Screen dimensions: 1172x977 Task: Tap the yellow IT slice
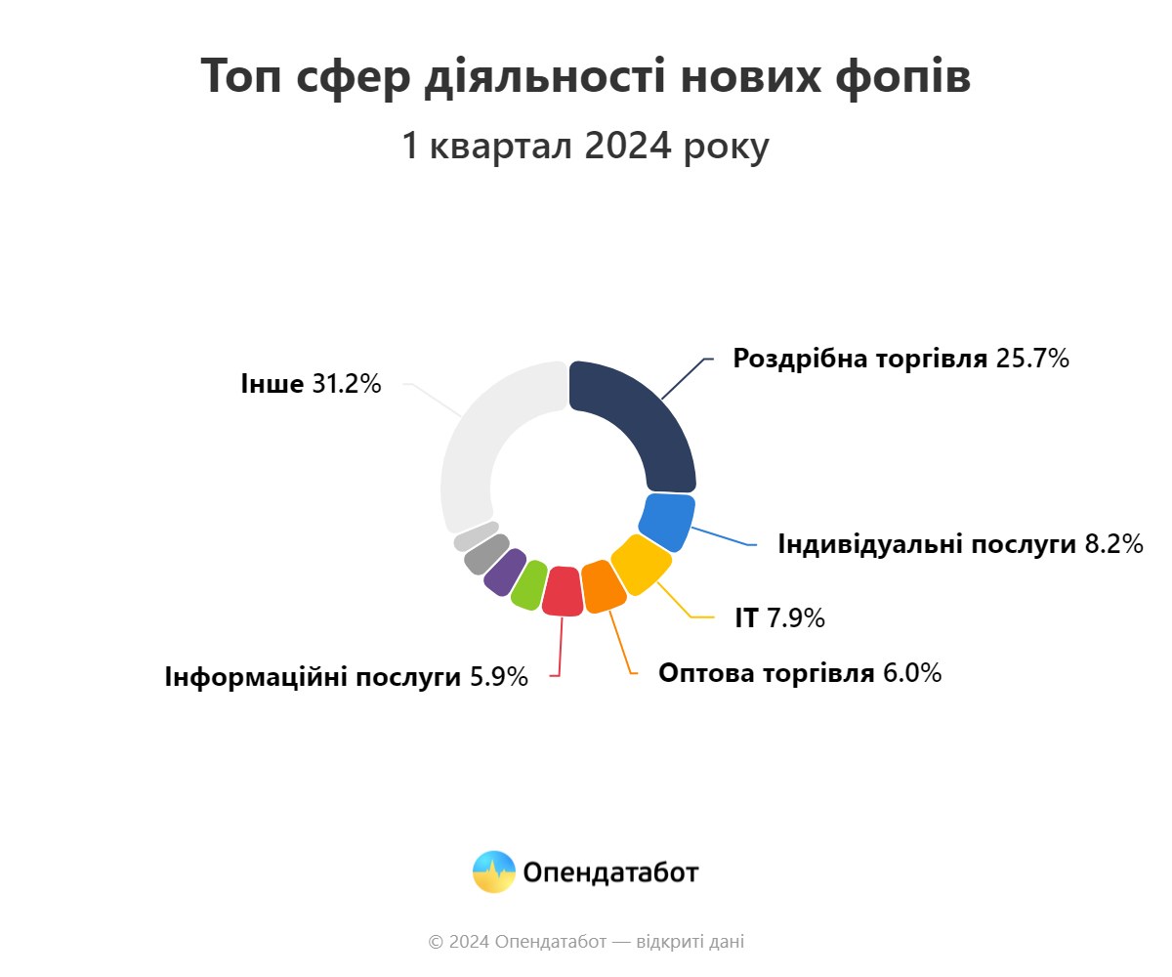click(x=641, y=564)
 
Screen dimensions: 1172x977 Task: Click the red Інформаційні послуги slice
click(x=563, y=591)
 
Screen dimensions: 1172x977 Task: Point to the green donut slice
click(x=529, y=584)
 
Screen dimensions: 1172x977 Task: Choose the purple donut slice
click(x=505, y=572)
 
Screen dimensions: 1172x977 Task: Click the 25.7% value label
click(x=1032, y=359)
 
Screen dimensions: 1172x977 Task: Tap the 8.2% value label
click(x=1114, y=544)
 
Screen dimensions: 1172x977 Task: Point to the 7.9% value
click(x=796, y=617)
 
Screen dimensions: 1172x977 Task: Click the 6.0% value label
click(x=912, y=673)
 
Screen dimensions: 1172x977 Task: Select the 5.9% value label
click(x=499, y=677)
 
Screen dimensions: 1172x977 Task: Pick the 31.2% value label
click(x=347, y=384)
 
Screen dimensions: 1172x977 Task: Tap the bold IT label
click(x=746, y=617)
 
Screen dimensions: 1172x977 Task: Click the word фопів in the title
click(x=902, y=77)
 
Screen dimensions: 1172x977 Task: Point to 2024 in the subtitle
click(x=628, y=146)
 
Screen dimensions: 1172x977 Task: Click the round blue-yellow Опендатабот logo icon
click(x=494, y=871)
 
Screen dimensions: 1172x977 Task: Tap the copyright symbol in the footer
click(x=436, y=942)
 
